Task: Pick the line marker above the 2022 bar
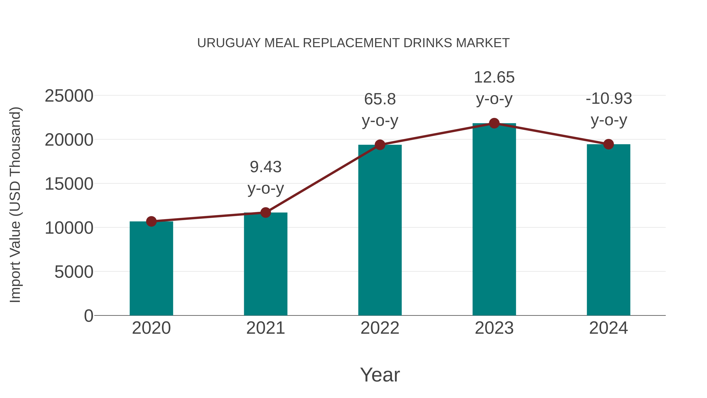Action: pyautogui.click(x=380, y=145)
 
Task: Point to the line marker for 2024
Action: pyautogui.click(x=608, y=144)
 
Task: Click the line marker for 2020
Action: pyautogui.click(x=151, y=221)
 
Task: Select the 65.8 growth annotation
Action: pyautogui.click(x=380, y=99)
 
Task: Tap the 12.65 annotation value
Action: pyautogui.click(x=494, y=77)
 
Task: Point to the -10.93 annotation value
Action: pyautogui.click(x=608, y=99)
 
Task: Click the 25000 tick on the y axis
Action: pyautogui.click(x=69, y=96)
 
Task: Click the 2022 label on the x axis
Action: pyautogui.click(x=380, y=328)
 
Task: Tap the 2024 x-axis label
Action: pyautogui.click(x=608, y=328)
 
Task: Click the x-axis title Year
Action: pyautogui.click(x=380, y=375)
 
